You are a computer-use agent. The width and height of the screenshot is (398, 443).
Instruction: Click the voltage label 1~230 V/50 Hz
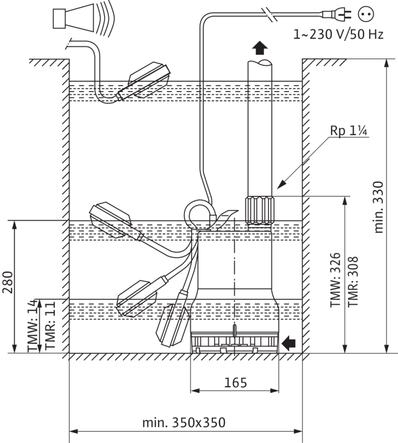coord(338,34)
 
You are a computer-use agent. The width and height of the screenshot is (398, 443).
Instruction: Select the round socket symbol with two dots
coord(366,14)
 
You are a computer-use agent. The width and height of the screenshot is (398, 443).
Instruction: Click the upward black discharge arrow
coord(260,48)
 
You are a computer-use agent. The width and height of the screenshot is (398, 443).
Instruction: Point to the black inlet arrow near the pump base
coord(289,343)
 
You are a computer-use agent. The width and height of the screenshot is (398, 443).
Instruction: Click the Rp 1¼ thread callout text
coord(349,130)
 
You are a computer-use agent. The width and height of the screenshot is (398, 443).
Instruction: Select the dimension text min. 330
coord(378,207)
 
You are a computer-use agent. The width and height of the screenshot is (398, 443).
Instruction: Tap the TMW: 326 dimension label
coord(335,280)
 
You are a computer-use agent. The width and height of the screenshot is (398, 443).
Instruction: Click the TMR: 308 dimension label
coord(353,282)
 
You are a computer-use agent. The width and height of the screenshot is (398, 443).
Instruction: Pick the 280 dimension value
coord(8,282)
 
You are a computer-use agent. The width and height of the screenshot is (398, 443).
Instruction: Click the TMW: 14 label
coord(33,326)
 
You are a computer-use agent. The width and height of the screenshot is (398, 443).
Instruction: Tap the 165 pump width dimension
coord(235,383)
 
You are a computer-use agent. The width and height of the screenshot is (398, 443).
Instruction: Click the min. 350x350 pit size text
coord(184,423)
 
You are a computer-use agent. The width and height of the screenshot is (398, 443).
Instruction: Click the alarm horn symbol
coord(84,19)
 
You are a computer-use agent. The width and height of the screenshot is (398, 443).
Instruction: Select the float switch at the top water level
coord(144,82)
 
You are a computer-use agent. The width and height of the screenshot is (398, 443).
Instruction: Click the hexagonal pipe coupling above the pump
coord(260,211)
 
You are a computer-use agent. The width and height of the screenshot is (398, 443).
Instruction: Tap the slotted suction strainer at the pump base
coord(234,342)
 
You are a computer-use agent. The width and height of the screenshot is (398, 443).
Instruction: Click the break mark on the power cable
coord(269,14)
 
